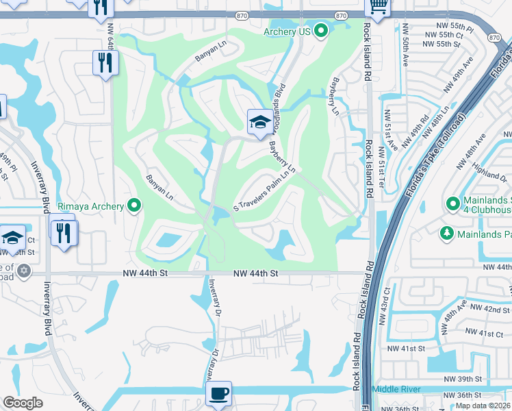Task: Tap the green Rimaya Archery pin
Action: click(135, 205)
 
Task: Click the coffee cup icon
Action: click(218, 394)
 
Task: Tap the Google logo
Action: click(23, 402)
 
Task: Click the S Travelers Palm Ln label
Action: click(264, 191)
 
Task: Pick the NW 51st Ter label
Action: click(389, 129)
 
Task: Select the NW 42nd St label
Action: click(490, 309)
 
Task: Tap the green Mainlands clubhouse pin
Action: click(452, 203)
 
